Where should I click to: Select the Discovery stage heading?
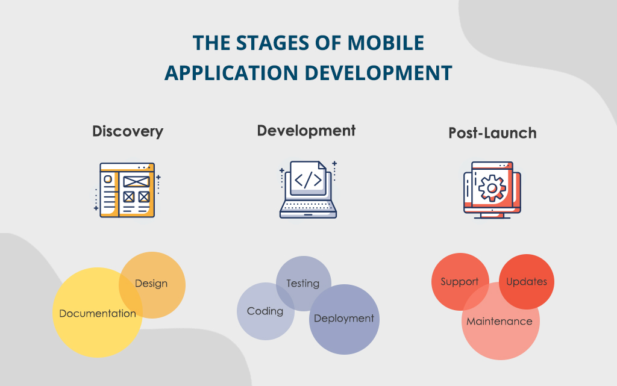point(128,131)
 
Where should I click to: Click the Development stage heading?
point(306,130)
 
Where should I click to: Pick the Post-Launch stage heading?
point(492,133)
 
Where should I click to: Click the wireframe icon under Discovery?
point(127,190)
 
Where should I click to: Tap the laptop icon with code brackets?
point(308,189)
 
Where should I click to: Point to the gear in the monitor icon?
point(492,188)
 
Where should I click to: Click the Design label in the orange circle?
point(151,283)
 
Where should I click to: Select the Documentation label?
point(98,313)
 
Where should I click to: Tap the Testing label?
point(302,283)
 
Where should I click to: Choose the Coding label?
point(265,311)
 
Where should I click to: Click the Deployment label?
point(344,319)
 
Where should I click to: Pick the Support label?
point(460,282)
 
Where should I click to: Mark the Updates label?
point(527,281)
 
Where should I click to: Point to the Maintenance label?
point(500,321)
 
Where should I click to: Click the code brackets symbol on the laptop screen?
point(308,180)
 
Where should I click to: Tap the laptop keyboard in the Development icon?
point(308,207)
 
